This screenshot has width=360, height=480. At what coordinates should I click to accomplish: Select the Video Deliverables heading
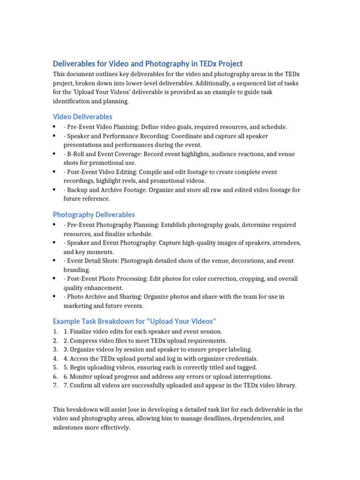click(x=82, y=117)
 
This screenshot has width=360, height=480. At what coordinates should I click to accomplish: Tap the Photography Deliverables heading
click(x=94, y=215)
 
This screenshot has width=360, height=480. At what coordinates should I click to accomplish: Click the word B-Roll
click(x=76, y=154)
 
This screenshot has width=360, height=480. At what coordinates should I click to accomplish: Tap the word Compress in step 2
click(x=84, y=341)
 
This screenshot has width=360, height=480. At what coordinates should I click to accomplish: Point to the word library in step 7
click(x=285, y=385)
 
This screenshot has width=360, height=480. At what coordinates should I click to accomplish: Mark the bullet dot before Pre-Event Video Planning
click(x=55, y=127)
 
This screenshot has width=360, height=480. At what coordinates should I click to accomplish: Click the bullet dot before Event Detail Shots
click(x=55, y=261)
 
